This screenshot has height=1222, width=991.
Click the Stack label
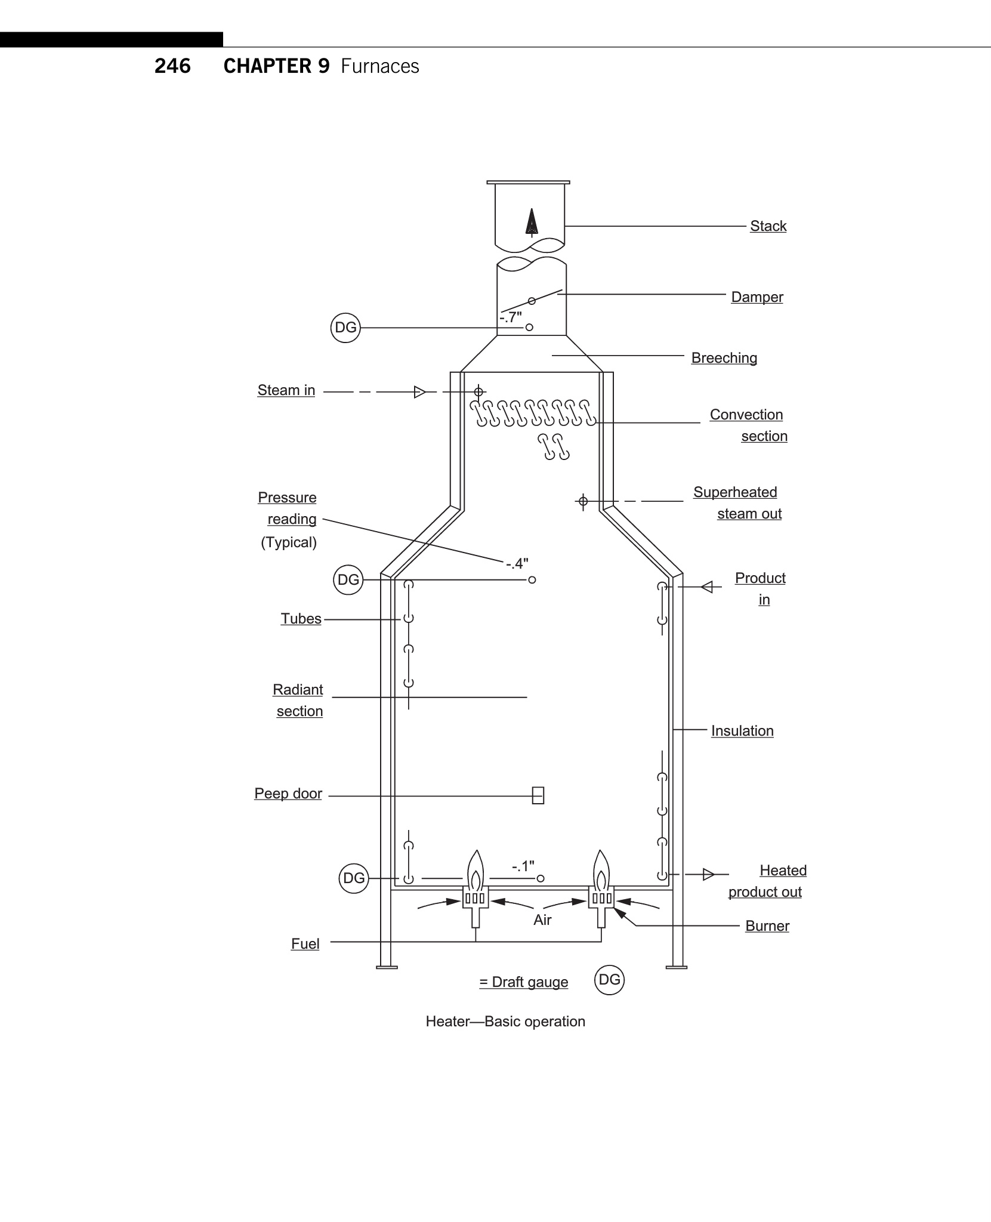[x=768, y=226]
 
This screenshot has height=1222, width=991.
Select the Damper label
[x=757, y=297]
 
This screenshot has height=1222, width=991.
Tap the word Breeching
[x=724, y=358]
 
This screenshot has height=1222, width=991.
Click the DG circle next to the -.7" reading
[x=345, y=328]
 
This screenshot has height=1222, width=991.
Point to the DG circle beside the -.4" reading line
[x=348, y=580]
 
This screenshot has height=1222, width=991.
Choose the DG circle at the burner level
[x=354, y=878]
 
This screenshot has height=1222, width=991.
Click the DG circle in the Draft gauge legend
[x=609, y=980]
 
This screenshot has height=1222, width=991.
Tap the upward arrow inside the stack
[x=531, y=223]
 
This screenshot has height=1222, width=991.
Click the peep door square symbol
[x=538, y=795]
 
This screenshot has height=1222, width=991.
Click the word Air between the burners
[x=542, y=920]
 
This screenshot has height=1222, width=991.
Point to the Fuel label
[x=305, y=944]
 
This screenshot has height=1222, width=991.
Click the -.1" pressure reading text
[x=523, y=866]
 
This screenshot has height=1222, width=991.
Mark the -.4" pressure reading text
[x=517, y=563]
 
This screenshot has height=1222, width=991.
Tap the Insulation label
[x=742, y=731]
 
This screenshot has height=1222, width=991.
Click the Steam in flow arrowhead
[x=419, y=392]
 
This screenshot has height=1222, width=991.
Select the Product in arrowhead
[x=706, y=587]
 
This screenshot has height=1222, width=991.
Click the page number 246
[x=172, y=66]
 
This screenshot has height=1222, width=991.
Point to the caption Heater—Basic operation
[x=505, y=1022]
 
